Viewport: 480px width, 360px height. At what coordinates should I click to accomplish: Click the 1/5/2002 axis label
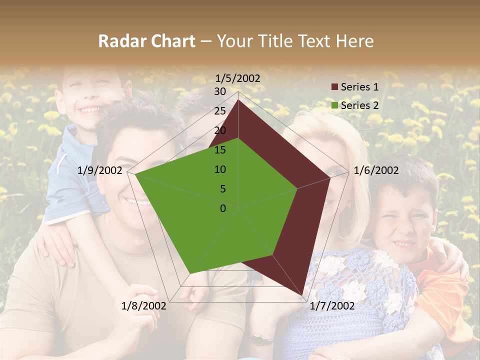coord(238,78)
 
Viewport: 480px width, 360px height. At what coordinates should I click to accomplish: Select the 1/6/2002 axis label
coord(376,170)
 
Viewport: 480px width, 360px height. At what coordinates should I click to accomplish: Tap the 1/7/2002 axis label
coord(332,306)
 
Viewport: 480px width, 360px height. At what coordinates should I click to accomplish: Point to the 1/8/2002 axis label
coord(144,306)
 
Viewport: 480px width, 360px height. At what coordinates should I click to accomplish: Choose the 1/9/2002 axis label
coord(100,170)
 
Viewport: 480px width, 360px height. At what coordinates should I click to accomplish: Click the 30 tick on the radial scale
coord(220,91)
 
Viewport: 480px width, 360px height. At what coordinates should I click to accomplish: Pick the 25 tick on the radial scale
coord(220,111)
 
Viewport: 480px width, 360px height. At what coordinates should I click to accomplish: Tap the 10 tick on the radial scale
coord(220,169)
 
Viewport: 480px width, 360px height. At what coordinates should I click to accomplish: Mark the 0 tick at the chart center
coord(223,208)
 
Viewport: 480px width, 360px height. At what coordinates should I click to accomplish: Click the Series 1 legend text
coord(359,87)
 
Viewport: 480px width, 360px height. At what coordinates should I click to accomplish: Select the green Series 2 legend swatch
coord(334,105)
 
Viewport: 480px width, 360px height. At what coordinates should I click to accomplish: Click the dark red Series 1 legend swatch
coord(334,87)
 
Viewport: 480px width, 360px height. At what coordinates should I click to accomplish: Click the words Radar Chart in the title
coord(146,41)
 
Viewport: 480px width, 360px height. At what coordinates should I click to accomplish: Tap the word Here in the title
coord(355,41)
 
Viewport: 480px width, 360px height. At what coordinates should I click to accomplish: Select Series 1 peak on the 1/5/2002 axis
coord(238,99)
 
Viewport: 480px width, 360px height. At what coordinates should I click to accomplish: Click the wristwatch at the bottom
coord(258,340)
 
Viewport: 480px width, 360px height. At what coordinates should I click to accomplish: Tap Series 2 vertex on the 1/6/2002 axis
coord(297,188)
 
